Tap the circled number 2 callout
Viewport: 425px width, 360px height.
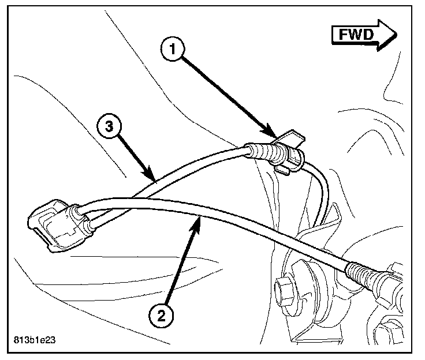point(161,314)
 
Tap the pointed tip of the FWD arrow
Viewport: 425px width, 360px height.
point(396,33)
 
